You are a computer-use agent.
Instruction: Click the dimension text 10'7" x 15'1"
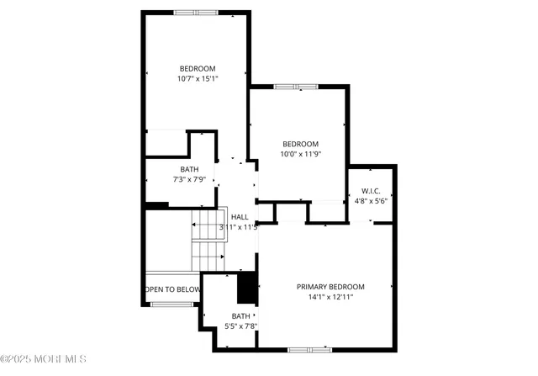(x=198, y=79)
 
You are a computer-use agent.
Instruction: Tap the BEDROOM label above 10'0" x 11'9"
(x=300, y=143)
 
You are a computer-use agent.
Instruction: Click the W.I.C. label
(x=371, y=191)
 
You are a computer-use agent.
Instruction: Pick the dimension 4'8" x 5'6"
(x=371, y=201)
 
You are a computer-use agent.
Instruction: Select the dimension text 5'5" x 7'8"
(x=238, y=326)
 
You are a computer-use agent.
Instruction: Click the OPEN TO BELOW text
(x=173, y=289)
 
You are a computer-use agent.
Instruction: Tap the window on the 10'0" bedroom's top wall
(x=296, y=87)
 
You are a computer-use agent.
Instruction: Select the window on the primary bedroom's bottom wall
(x=309, y=348)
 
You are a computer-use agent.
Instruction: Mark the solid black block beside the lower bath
(x=247, y=288)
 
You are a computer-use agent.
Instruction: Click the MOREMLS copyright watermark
(x=44, y=359)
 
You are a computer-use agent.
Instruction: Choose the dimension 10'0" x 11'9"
(x=300, y=154)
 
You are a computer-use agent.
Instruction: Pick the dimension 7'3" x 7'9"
(x=189, y=179)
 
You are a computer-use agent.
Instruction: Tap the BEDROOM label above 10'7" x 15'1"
(x=198, y=68)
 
